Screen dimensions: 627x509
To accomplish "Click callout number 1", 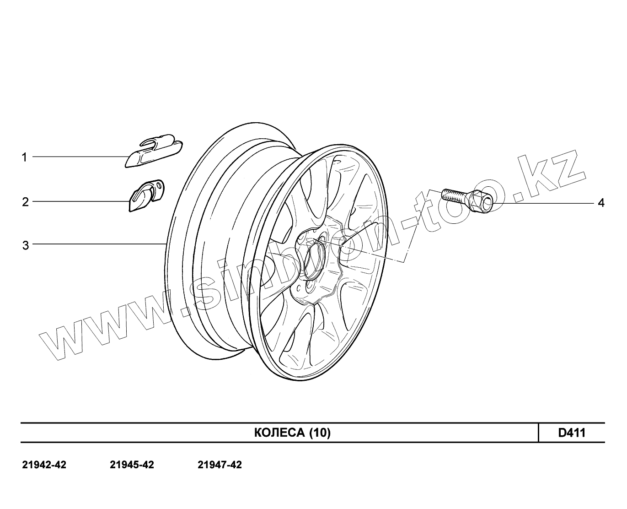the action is click(x=24, y=157).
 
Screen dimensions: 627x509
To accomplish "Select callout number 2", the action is click(x=25, y=202).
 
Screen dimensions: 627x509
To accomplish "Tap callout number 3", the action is click(x=26, y=245).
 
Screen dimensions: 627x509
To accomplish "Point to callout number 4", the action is click(x=601, y=203).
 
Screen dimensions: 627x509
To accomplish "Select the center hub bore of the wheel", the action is click(x=314, y=261).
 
